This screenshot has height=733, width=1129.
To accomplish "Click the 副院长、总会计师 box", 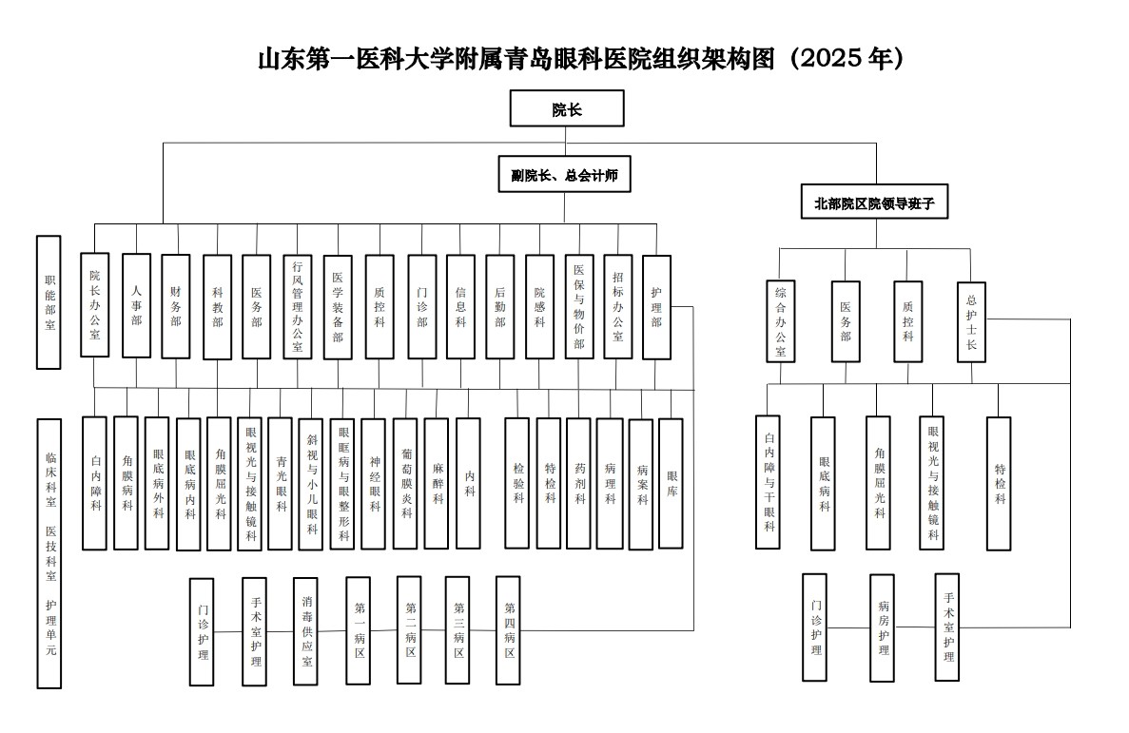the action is coord(565,174).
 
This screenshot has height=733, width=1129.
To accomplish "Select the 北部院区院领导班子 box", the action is coord(874,202).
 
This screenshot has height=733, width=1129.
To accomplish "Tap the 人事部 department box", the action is coord(136,305).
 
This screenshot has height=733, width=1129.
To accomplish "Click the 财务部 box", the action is coord(176,306).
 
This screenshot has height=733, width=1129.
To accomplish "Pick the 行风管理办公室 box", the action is coord(298,307).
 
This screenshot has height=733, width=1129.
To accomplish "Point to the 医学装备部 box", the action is coord(338,307).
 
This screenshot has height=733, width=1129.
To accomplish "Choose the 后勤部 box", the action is coord(499,307).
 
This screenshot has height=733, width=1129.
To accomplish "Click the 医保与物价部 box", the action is coord(579,307).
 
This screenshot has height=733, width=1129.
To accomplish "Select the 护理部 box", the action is coord(656,307).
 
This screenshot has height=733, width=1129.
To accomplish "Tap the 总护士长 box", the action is coord(971,322).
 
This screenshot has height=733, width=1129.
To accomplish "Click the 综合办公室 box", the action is coord(781,321).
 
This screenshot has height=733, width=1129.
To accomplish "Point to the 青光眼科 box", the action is coord(280,484).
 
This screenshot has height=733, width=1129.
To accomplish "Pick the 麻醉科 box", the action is coord(437,483).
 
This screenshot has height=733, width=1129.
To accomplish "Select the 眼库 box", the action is coord(672,483).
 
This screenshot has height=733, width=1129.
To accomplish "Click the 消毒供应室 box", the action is coord(306,630).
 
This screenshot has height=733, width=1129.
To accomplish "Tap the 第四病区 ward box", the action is coord(508,630).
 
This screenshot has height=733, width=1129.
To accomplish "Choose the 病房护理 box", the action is coord(882,627).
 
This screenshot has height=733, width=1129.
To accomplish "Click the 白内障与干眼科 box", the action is coord(769,482).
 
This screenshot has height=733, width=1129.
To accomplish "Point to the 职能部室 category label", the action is coord(49,302).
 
